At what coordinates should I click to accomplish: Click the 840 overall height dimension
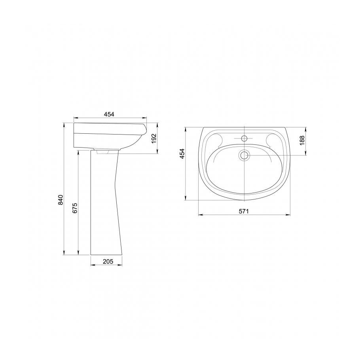tap(61, 200)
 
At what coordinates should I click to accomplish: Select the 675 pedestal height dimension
tap(74, 208)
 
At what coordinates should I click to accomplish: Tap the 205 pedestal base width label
tap(108, 262)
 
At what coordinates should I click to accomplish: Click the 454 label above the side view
tap(109, 114)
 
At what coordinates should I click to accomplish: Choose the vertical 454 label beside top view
tap(182, 154)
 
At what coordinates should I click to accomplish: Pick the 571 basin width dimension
tap(244, 211)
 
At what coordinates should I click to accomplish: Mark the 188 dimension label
tap(302, 141)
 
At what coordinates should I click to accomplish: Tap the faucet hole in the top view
tap(244, 138)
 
